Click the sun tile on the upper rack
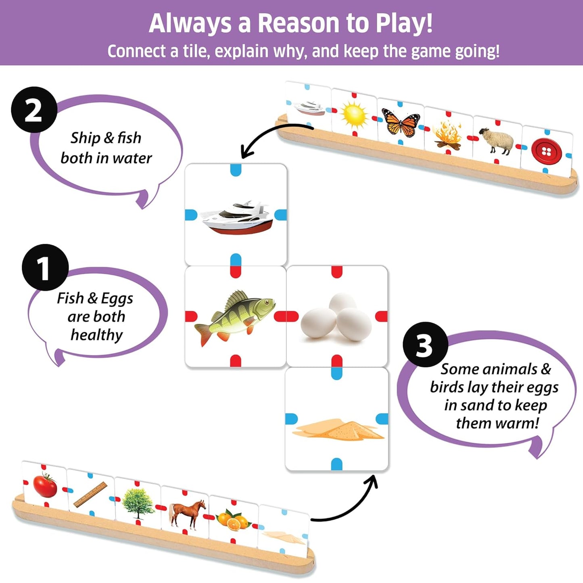point(354,114)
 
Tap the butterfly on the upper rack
point(401,122)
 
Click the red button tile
point(546,152)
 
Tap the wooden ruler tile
point(90,495)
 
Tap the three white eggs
point(337,318)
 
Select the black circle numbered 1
point(45,267)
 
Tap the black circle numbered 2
point(34,110)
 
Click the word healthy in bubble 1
point(96,335)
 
